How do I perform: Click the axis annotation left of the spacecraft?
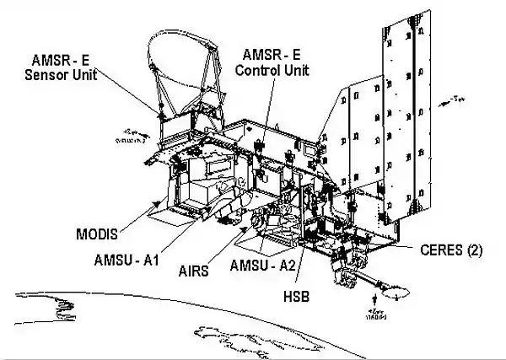(132, 136)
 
